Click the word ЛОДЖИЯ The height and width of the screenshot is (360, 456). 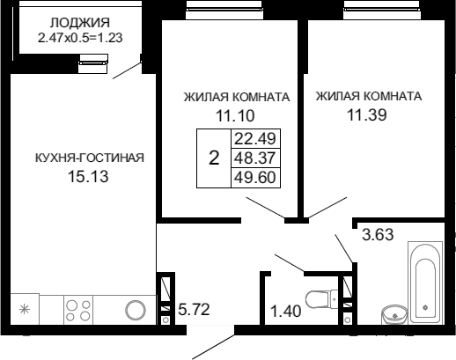click(x=80, y=23)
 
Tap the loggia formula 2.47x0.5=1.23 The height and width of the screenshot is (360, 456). click(x=80, y=38)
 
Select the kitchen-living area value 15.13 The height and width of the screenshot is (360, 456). click(x=88, y=177)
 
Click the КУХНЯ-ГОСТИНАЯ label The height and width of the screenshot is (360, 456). click(x=90, y=158)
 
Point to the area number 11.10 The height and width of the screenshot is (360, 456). click(x=235, y=115)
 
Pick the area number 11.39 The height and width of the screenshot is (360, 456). click(x=367, y=114)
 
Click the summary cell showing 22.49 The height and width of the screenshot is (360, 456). click(x=255, y=138)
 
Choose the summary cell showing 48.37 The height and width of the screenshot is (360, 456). click(x=255, y=158)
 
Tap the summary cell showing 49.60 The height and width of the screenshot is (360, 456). click(x=255, y=178)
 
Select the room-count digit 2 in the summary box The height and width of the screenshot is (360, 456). click(x=214, y=158)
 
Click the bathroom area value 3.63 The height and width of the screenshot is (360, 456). click(x=378, y=235)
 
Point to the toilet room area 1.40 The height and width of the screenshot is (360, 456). click(x=285, y=311)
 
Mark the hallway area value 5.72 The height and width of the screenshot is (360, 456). click(x=194, y=309)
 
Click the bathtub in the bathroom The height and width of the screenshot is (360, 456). click(x=425, y=283)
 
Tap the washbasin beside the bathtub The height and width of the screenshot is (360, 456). click(x=394, y=315)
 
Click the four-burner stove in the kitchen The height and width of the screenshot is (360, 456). click(x=78, y=311)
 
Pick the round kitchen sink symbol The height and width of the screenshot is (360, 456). click(x=136, y=310)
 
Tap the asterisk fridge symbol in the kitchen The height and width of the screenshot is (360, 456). click(x=25, y=309)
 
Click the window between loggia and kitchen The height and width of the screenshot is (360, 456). click(x=93, y=63)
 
